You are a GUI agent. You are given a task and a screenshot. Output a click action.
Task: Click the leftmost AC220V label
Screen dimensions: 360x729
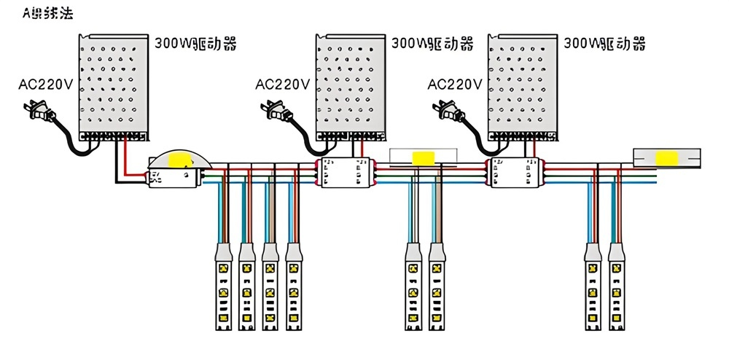pyautogui.click(x=45, y=84)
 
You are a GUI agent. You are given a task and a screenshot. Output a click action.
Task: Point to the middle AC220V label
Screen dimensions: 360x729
pyautogui.click(x=282, y=84)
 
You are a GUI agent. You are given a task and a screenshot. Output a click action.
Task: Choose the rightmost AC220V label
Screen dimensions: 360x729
pyautogui.click(x=454, y=84)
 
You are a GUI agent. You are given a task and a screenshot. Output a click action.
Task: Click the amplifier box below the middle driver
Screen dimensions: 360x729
pyautogui.click(x=347, y=172)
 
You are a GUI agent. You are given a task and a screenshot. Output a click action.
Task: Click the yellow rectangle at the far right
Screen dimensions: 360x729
pyautogui.click(x=666, y=157)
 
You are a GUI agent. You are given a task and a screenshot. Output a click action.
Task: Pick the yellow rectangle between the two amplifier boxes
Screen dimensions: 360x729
pyautogui.click(x=422, y=157)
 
